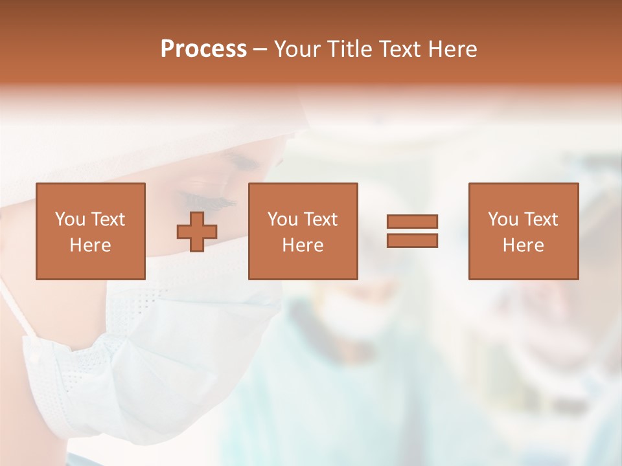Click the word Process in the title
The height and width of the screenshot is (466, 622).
point(203,49)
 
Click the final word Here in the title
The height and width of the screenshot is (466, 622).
point(452,49)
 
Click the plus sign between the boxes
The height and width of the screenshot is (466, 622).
point(197,231)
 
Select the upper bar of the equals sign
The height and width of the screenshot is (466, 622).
point(412,221)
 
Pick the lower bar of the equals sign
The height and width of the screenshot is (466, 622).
point(412,240)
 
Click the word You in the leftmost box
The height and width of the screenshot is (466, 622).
point(69,219)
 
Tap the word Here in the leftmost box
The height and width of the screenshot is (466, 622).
point(90,245)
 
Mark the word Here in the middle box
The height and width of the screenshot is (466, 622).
point(303,245)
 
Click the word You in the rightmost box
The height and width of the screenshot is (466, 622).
point(503,219)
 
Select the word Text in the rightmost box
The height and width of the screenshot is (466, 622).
point(540,219)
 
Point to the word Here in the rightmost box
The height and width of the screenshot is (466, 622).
point(523,245)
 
